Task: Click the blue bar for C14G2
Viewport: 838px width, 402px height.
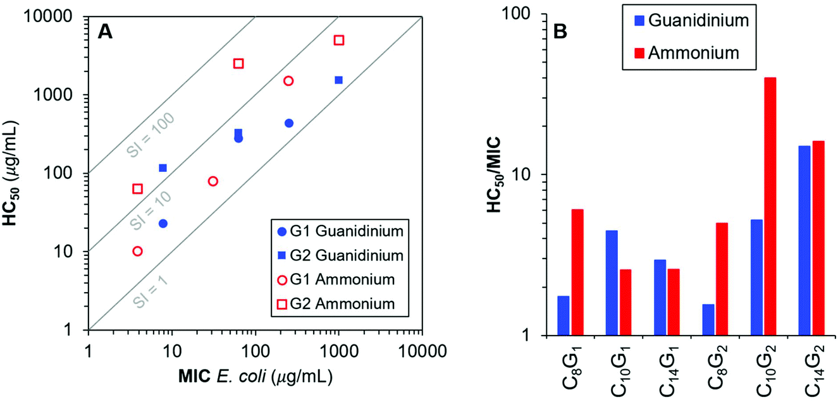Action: tap(804, 240)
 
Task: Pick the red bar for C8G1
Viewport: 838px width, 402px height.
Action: tap(577, 272)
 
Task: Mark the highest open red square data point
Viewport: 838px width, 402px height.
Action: tap(339, 40)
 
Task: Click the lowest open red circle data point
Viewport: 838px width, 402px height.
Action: tap(137, 251)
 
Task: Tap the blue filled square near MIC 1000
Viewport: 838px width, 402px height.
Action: tap(339, 80)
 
